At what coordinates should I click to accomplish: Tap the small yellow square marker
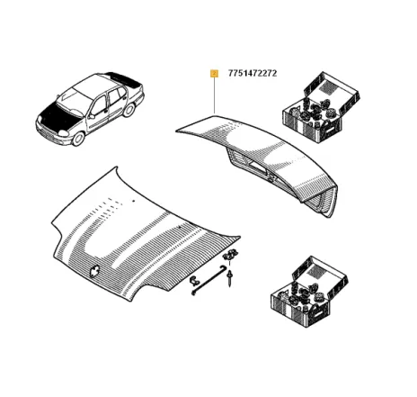pyautogui.click(x=213, y=73)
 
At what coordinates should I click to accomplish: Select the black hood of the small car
pyautogui.click(x=56, y=115)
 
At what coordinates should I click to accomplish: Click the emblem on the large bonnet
pyautogui.click(x=95, y=269)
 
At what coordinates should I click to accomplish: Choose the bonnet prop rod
pyautogui.click(x=209, y=282)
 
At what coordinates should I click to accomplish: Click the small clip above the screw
pyautogui.click(x=232, y=257)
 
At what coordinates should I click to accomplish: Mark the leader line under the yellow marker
pyautogui.click(x=214, y=95)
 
